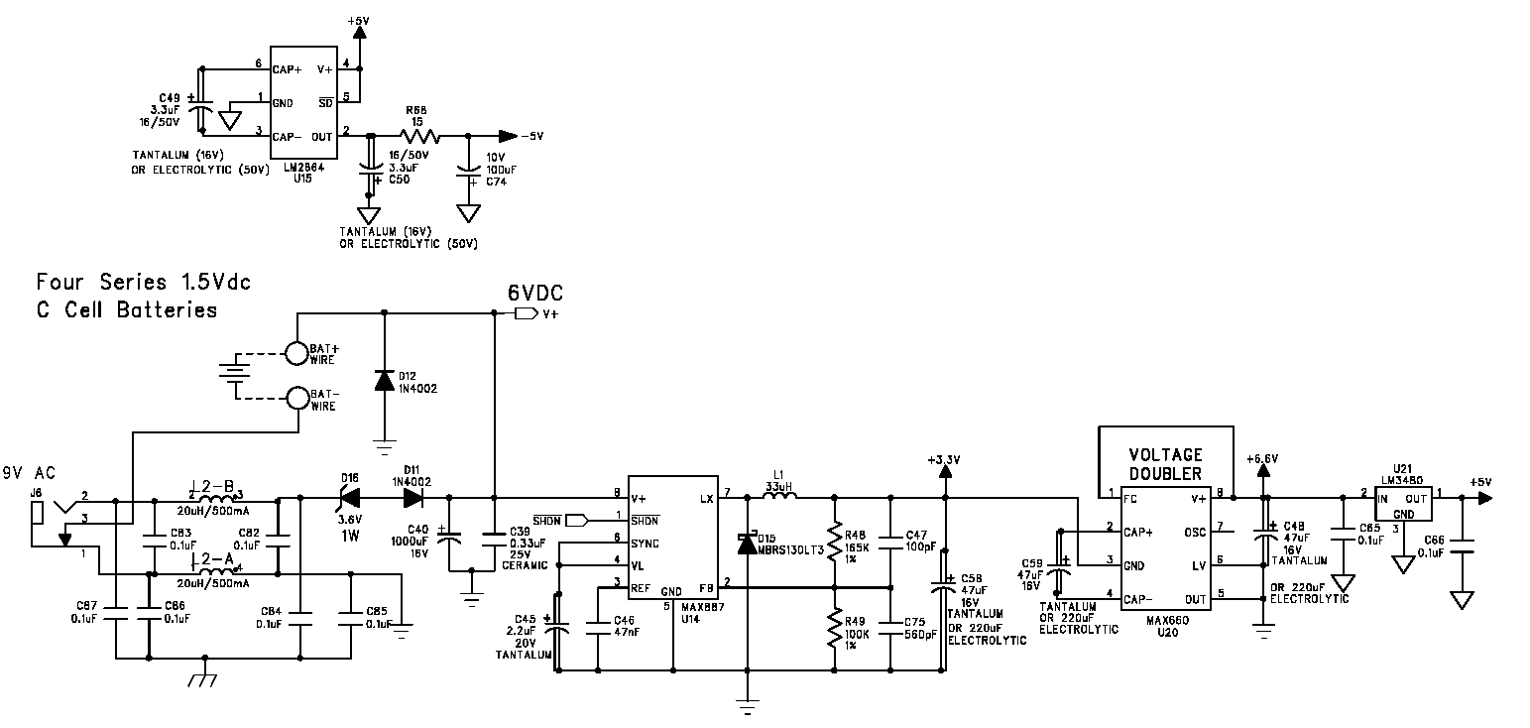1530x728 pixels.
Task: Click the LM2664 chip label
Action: click(296, 168)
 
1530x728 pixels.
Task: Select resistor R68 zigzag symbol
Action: click(417, 136)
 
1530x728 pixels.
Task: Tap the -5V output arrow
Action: click(508, 136)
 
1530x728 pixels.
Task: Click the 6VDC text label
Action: click(534, 293)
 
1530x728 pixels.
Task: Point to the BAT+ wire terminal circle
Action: click(295, 353)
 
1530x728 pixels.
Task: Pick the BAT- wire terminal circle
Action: click(295, 399)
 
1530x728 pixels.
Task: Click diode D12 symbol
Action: click(385, 381)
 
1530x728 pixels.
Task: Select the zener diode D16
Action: click(349, 498)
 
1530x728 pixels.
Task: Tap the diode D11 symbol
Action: click(412, 498)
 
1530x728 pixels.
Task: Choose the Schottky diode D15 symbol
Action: click(746, 544)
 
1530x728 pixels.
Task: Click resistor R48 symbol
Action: click(835, 544)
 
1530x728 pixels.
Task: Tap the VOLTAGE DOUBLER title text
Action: click(1165, 464)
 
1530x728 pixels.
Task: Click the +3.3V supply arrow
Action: click(945, 471)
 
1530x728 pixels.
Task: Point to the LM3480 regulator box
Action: click(1403, 504)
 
